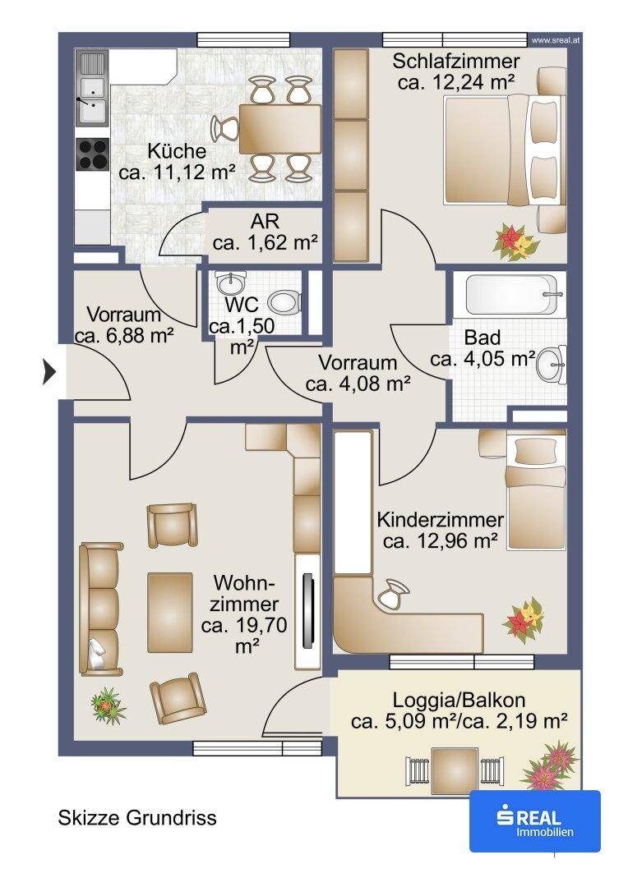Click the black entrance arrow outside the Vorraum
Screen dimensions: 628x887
click(x=50, y=373)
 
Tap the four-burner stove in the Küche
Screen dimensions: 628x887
click(x=92, y=154)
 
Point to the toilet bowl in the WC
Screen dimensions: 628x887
click(x=283, y=302)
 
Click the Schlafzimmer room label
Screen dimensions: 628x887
click(x=456, y=61)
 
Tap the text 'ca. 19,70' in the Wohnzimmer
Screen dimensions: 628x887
click(x=243, y=626)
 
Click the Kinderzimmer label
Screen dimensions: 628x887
click(x=440, y=519)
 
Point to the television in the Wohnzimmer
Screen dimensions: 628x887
click(x=308, y=611)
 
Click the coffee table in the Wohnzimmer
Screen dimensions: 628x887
click(x=170, y=612)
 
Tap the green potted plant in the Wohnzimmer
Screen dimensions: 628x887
click(x=108, y=705)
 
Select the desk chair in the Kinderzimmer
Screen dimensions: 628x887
click(x=393, y=594)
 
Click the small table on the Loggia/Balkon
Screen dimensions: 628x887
click(x=455, y=769)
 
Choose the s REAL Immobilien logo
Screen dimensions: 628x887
click(x=534, y=820)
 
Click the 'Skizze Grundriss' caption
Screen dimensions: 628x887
click(x=137, y=817)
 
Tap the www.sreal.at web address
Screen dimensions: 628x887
click(x=556, y=40)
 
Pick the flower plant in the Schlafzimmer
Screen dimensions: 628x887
click(x=515, y=241)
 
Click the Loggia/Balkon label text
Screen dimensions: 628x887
click(x=459, y=701)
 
